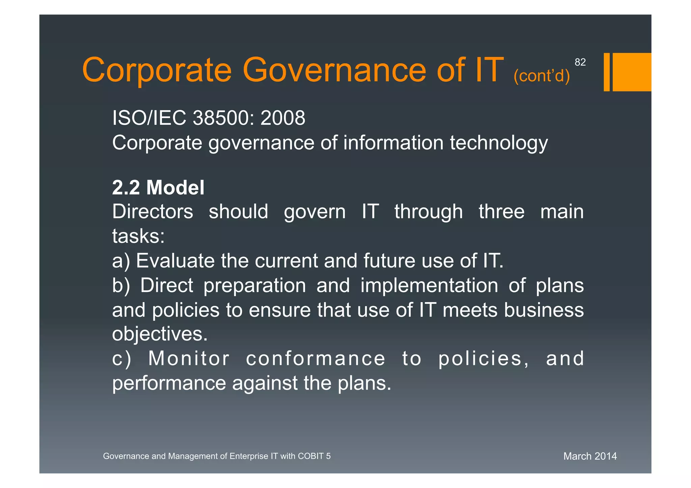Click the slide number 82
[580, 62]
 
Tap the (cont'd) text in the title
[542, 76]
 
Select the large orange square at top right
[632, 72]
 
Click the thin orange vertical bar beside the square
[606, 72]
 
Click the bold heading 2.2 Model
[158, 188]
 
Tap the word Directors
[153, 212]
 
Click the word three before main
[501, 212]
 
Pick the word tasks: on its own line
[138, 236]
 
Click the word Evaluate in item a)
[175, 261]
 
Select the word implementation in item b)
[429, 285]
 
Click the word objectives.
[160, 334]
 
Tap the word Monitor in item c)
[189, 358]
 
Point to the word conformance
[315, 358]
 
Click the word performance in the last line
[169, 383]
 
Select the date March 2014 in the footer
[590, 456]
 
